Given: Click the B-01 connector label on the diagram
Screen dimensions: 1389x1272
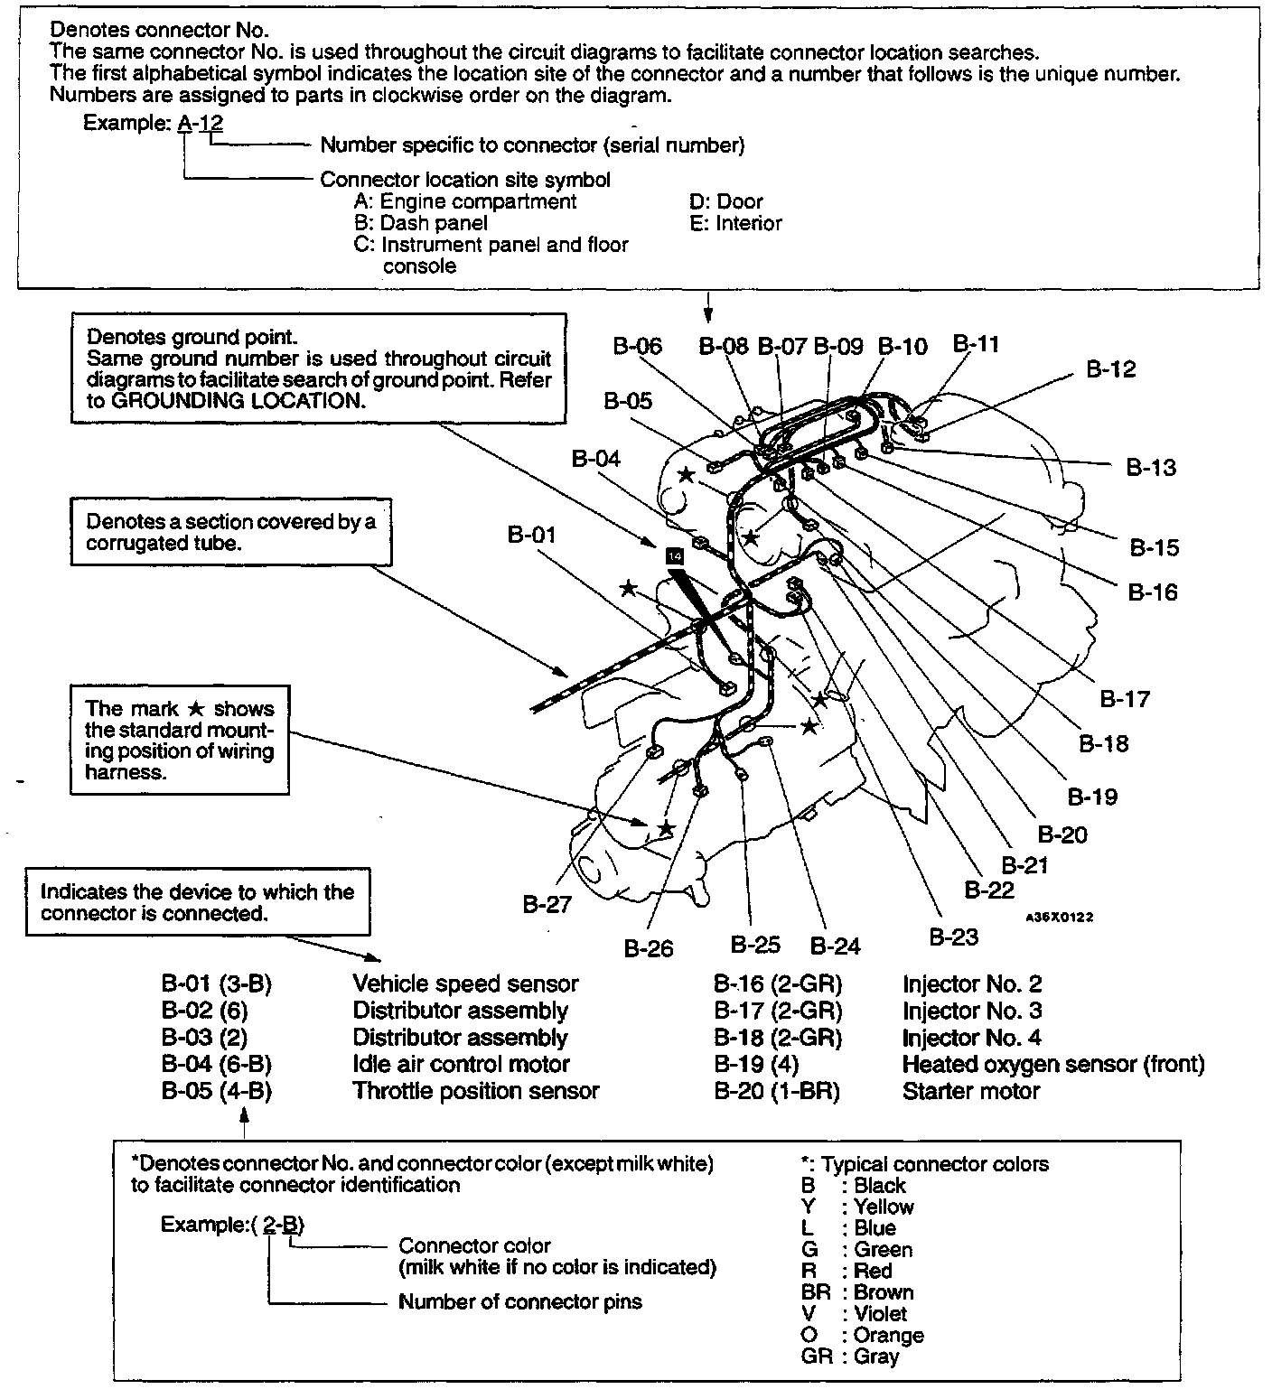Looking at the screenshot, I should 531,536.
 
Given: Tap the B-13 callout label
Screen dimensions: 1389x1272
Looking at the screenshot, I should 1151,467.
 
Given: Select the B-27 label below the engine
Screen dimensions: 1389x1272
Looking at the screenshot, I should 547,904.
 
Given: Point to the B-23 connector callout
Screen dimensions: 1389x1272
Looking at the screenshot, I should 954,937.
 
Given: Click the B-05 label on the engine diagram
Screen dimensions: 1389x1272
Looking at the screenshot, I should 628,401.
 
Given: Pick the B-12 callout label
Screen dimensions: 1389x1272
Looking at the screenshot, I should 1110,369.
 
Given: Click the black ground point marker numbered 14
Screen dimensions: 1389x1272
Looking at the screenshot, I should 673,556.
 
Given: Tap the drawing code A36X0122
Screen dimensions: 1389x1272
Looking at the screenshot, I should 1059,917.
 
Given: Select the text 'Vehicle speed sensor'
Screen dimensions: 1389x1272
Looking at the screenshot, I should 465,984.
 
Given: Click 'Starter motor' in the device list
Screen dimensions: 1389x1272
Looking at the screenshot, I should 971,1091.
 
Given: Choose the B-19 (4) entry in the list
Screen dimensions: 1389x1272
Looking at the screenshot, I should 756,1065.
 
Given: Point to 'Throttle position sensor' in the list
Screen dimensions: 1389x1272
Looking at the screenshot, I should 476,1091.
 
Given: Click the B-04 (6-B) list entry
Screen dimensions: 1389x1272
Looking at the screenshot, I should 217,1065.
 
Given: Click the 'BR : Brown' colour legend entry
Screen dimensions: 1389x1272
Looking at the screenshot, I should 856,1292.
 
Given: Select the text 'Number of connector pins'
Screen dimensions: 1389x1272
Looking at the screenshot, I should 520,1302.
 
